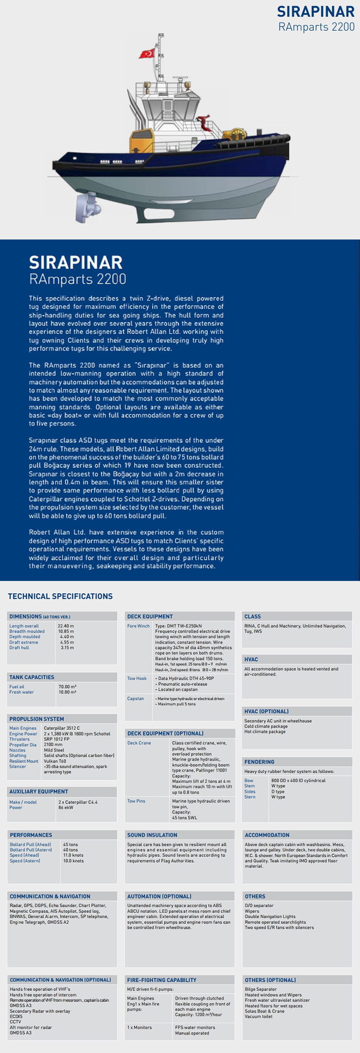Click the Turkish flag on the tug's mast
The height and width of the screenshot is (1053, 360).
147,53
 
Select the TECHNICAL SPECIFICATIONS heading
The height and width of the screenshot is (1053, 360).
60,596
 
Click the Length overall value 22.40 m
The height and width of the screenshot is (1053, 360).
66,626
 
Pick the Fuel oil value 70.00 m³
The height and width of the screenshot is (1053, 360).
67,687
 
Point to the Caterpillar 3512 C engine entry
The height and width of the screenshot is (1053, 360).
62,728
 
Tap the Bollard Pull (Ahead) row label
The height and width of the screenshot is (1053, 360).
30,845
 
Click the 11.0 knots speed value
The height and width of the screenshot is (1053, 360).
73,855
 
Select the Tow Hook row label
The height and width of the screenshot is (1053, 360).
137,679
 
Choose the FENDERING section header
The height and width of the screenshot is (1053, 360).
259,761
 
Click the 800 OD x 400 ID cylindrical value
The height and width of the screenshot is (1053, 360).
298,781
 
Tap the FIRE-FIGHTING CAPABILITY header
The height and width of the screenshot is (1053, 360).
162,980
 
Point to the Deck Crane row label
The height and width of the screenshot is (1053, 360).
139,743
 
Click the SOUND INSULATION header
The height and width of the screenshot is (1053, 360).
152,835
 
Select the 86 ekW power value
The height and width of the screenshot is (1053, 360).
66,807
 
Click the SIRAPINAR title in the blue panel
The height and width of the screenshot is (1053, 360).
76,262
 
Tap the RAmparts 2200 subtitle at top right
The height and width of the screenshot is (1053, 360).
316,27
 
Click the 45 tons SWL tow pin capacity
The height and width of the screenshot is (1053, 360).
184,818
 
